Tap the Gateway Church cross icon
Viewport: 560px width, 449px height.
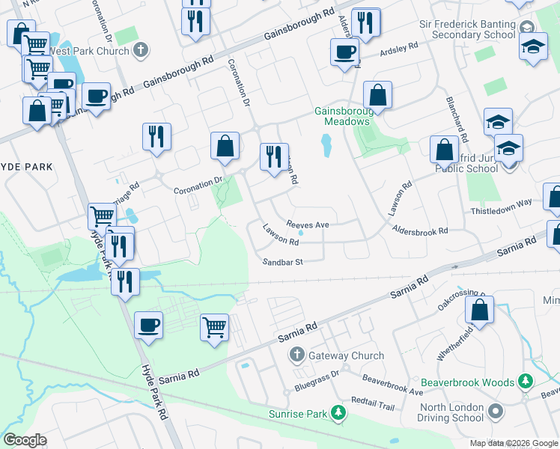(296, 355)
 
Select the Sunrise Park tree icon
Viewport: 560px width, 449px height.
(340, 413)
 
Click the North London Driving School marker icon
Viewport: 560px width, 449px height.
(495, 412)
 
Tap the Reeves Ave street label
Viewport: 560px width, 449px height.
(308, 224)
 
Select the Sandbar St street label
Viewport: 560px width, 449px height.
(282, 262)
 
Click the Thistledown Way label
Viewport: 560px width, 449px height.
(501, 202)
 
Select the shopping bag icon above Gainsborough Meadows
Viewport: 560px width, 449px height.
(378, 95)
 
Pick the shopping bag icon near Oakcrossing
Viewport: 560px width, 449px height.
(479, 309)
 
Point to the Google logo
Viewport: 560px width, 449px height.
(25, 441)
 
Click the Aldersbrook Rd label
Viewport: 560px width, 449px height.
(421, 231)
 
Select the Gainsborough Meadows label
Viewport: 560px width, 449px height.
(342, 116)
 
